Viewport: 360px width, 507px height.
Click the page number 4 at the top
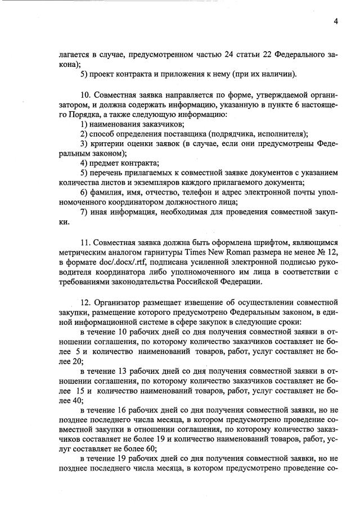[x=335, y=22]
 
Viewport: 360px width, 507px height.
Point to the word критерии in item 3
[x=109, y=143]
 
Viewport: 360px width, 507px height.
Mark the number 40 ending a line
[x=76, y=401]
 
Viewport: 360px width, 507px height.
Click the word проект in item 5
[x=106, y=75]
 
